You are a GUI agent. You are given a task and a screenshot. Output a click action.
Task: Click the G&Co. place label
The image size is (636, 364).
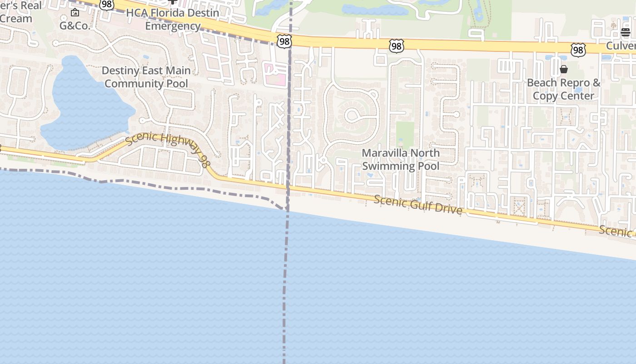75,25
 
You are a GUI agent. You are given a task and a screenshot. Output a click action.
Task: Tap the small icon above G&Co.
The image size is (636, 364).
75,13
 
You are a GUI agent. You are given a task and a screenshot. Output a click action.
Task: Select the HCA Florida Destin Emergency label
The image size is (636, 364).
173,19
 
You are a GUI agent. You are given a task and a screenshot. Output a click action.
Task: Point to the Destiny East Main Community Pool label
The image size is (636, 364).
146,77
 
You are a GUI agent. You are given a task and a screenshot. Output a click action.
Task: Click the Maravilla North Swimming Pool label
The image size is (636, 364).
401,159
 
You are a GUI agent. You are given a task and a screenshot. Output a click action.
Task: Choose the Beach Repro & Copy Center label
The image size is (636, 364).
563,89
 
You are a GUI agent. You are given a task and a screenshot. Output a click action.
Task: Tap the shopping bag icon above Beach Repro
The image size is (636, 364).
564,69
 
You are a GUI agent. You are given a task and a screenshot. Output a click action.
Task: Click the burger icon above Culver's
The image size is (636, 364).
626,32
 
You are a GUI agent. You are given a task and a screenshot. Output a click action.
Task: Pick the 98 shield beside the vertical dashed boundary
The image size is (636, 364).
284,41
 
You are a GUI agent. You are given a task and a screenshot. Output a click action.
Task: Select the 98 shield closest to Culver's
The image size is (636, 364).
578,50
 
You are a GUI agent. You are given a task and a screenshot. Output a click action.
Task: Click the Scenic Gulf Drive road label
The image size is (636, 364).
418,205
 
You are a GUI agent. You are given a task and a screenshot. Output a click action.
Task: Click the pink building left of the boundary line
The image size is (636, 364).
276,75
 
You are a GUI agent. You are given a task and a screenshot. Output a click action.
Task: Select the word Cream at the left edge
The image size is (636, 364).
16,19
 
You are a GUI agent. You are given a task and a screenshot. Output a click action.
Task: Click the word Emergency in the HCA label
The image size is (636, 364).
173,26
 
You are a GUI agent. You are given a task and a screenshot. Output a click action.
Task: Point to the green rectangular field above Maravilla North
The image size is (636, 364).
405,134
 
